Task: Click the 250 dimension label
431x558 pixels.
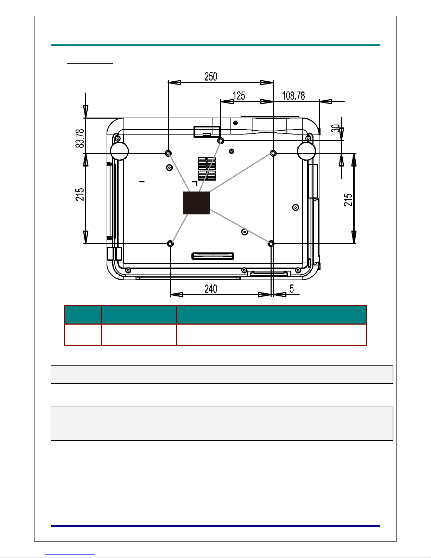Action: tap(211, 76)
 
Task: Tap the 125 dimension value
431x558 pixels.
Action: tap(239, 96)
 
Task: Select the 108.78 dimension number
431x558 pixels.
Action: tap(293, 96)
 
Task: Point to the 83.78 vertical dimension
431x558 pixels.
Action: tap(80, 138)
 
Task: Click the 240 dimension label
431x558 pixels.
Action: tap(211, 289)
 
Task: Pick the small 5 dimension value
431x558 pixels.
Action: tap(292, 289)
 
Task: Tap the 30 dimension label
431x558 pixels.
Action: tap(335, 128)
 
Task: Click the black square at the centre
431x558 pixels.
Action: tap(197, 203)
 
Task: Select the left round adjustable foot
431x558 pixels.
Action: tap(119, 151)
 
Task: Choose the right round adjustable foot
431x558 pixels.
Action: tap(306, 151)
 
